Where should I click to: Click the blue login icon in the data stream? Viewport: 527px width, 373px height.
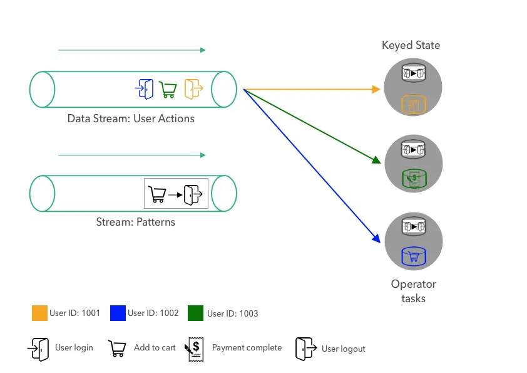click(144, 89)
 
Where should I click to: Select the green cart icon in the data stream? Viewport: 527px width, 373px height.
click(168, 90)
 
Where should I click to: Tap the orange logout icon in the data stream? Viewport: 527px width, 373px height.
click(193, 89)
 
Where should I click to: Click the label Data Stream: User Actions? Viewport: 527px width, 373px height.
click(131, 118)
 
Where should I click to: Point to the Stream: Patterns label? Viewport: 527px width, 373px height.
click(135, 222)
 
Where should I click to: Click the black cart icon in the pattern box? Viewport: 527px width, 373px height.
click(156, 194)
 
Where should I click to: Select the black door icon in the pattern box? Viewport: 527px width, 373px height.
click(194, 194)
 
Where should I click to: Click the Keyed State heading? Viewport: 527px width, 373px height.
click(411, 45)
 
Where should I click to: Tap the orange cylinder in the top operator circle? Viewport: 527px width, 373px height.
click(413, 105)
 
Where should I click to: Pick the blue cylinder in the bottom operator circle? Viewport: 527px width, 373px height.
click(413, 256)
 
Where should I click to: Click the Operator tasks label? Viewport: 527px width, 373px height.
click(413, 291)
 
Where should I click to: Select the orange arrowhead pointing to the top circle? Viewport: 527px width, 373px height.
click(376, 90)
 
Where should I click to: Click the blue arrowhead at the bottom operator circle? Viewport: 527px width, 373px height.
click(377, 238)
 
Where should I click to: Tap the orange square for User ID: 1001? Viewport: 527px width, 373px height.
click(39, 313)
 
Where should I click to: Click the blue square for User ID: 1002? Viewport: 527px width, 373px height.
click(118, 313)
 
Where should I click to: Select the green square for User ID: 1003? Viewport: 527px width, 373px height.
click(195, 313)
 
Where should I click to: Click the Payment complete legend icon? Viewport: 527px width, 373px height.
click(193, 349)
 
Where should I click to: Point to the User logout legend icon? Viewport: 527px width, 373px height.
click(305, 349)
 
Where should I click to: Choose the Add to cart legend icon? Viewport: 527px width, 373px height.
click(117, 349)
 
